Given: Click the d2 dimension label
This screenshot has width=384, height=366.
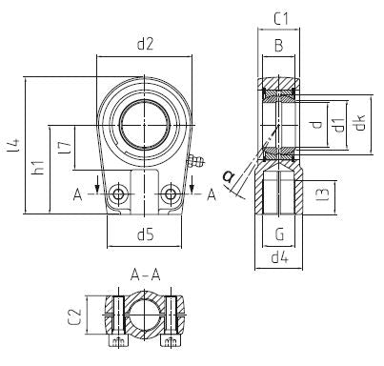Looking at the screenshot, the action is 145,44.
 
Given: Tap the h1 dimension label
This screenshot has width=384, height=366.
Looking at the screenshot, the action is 38,168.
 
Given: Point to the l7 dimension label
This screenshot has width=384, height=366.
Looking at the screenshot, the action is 65,148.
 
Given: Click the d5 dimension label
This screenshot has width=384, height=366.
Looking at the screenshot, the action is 146,235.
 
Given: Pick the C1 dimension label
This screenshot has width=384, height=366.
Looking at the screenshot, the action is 281,19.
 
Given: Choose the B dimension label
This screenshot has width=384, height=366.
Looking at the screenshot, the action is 278,46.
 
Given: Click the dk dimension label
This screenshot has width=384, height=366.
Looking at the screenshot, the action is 359,123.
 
